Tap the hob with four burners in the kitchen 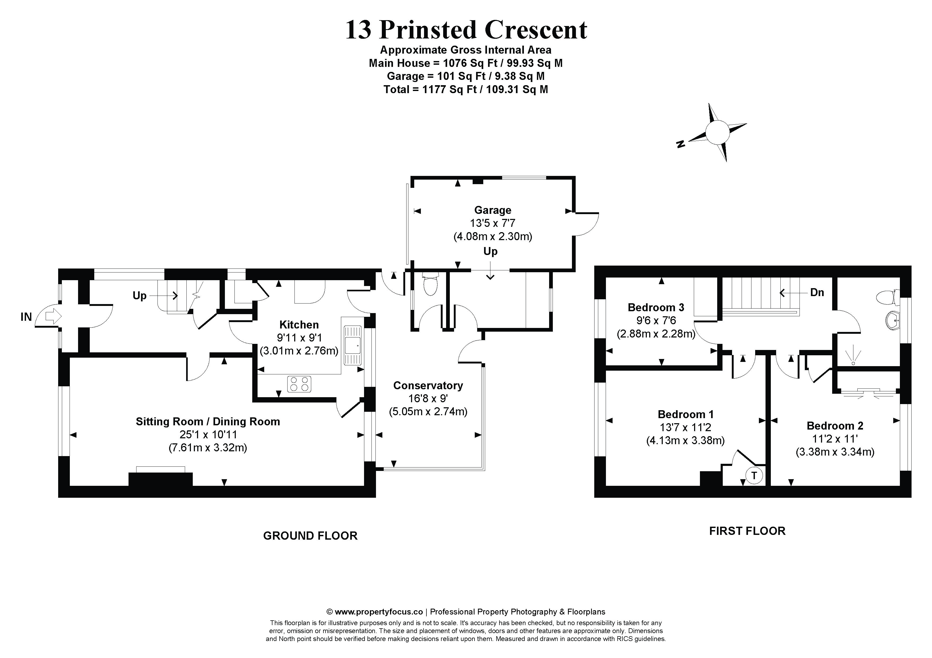pyautogui.click(x=299, y=384)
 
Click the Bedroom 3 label pyautogui.click(x=656, y=308)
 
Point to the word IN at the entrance pyautogui.click(x=26, y=317)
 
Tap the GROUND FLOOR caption pyautogui.click(x=310, y=536)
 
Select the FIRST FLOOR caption pyautogui.click(x=747, y=531)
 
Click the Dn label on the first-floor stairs pyautogui.click(x=817, y=292)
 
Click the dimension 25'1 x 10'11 pyautogui.click(x=208, y=435)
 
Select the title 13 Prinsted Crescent pyautogui.click(x=466, y=30)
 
